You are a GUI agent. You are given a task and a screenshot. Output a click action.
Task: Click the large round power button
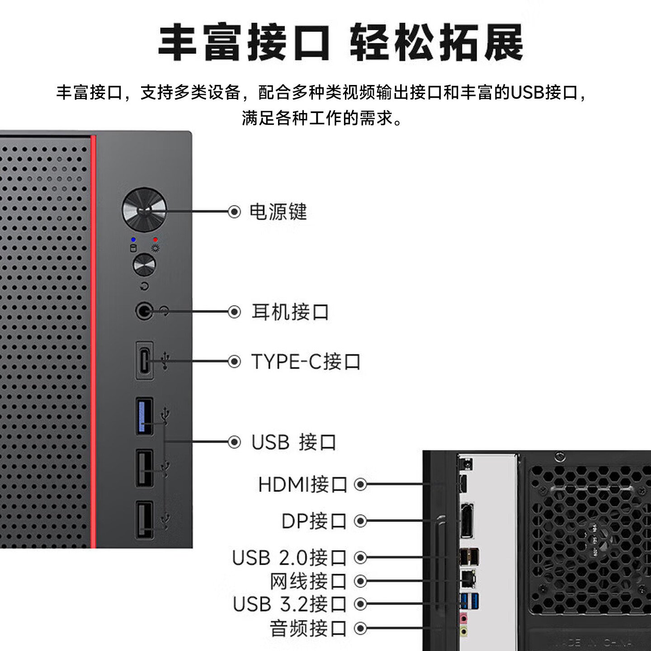[144, 210]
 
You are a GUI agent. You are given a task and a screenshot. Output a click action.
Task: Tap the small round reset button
[144, 265]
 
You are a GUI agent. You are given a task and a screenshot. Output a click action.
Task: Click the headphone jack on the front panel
[144, 311]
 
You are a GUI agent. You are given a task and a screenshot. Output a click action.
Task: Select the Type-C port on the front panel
[144, 361]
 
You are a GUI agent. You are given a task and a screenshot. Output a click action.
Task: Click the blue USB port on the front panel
[144, 416]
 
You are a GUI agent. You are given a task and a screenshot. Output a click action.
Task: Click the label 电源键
[278, 212]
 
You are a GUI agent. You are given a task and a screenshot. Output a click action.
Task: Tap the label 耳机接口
[290, 312]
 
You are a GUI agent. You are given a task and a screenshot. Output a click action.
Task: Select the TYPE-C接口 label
[306, 362]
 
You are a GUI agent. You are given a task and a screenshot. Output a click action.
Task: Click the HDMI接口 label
[302, 485]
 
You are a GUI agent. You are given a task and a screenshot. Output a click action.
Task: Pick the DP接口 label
[314, 521]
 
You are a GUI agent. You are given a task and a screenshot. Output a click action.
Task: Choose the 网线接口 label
[308, 581]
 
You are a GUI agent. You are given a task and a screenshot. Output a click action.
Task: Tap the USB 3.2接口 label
[289, 604]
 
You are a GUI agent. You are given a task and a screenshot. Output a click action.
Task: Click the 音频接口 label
[308, 628]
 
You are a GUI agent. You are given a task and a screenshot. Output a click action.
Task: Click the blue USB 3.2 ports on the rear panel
[469, 601]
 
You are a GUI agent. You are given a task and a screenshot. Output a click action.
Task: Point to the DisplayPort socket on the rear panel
[467, 521]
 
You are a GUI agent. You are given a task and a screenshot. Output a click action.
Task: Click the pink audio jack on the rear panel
[463, 618]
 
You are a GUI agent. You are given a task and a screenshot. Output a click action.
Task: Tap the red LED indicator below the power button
[156, 240]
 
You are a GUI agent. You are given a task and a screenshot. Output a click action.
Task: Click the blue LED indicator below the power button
[133, 240]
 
